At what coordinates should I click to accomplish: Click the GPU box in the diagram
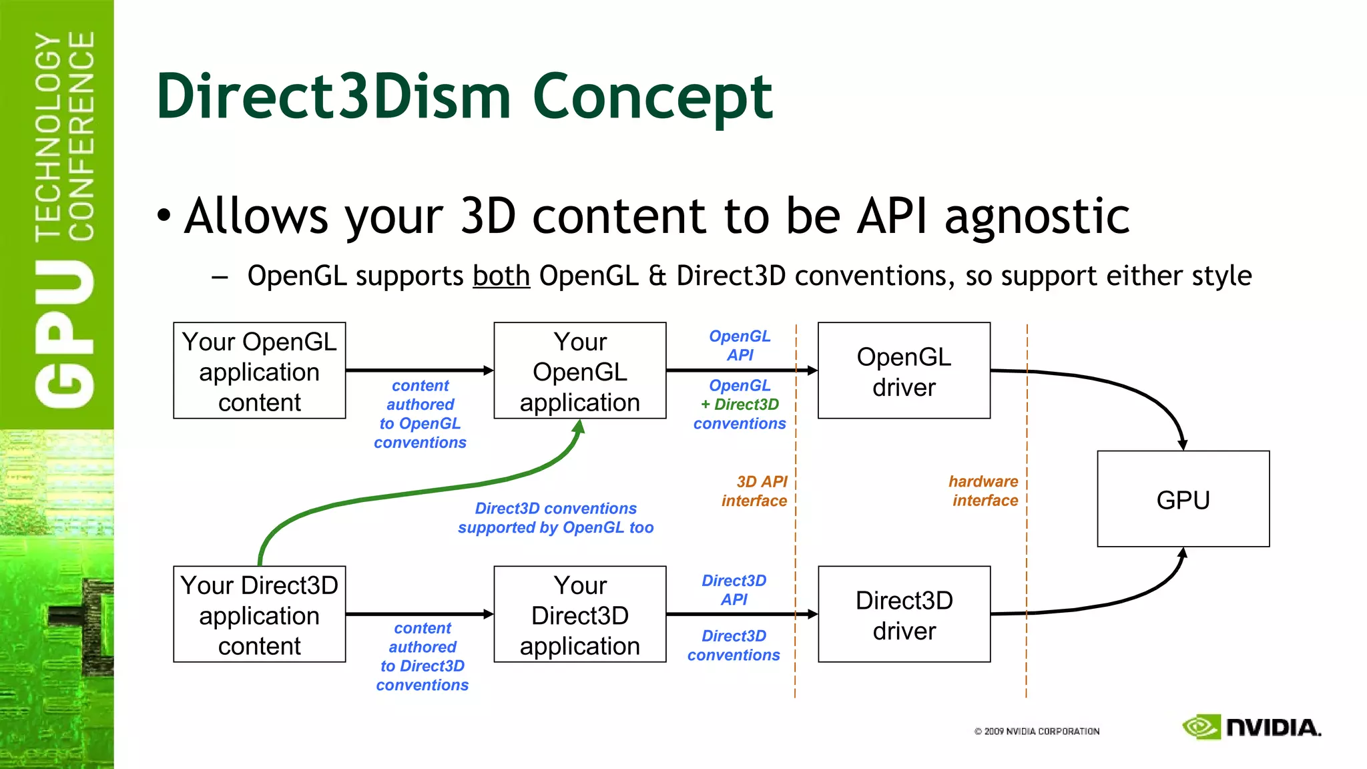pyautogui.click(x=1183, y=499)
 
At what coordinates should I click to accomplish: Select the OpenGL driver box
pyautogui.click(x=904, y=371)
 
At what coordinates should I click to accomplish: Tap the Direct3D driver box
pyautogui.click(x=904, y=614)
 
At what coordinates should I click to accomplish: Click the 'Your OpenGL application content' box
pyautogui.click(x=259, y=371)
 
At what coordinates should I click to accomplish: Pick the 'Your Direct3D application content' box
pyautogui.click(x=259, y=614)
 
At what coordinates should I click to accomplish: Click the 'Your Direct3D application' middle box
pyautogui.click(x=579, y=614)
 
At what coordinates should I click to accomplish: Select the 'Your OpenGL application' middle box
pyautogui.click(x=579, y=371)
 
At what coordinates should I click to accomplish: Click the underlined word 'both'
pyautogui.click(x=501, y=276)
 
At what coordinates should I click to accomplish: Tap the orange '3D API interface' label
pyautogui.click(x=754, y=491)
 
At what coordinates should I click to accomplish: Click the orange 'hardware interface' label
pyautogui.click(x=984, y=491)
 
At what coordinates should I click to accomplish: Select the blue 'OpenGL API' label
pyautogui.click(x=740, y=345)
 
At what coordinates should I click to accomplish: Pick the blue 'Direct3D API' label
pyautogui.click(x=734, y=589)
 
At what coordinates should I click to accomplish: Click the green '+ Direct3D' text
pyautogui.click(x=740, y=405)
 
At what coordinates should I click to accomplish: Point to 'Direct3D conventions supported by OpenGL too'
pyautogui.click(x=555, y=518)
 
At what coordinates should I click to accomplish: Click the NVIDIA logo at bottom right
pyautogui.click(x=1252, y=727)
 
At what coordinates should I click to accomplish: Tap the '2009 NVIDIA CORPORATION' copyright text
pyautogui.click(x=1037, y=732)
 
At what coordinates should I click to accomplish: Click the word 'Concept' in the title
pyautogui.click(x=652, y=97)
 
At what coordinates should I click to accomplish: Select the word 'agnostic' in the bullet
pyautogui.click(x=1037, y=216)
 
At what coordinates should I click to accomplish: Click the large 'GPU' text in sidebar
pyautogui.click(x=65, y=334)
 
